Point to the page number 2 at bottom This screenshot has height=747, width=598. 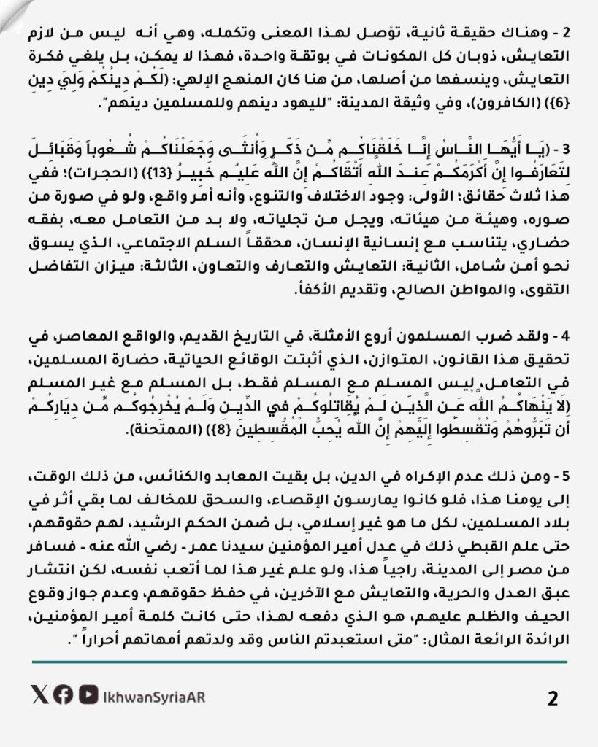pos(553,699)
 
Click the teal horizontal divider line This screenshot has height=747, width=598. pos(299,662)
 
